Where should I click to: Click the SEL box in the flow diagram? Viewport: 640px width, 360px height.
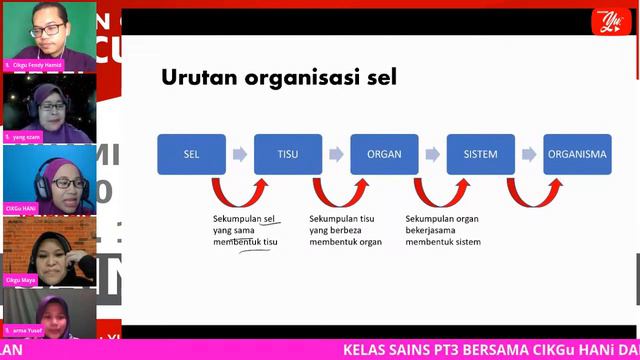(191, 155)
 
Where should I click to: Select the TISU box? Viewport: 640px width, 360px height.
(288, 155)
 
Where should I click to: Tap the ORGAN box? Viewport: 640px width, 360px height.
(384, 155)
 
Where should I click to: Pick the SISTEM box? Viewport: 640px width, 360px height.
(481, 155)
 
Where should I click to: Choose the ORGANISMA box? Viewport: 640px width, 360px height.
(577, 155)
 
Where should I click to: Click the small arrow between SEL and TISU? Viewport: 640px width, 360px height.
(240, 155)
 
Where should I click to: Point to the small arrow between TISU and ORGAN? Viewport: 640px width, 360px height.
(336, 155)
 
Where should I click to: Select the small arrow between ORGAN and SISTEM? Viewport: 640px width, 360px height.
(433, 155)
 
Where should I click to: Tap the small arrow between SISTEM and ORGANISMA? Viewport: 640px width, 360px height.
(529, 155)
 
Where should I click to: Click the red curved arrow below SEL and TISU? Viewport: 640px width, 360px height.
(240, 192)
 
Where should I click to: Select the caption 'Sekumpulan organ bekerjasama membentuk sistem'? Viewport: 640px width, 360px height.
(443, 230)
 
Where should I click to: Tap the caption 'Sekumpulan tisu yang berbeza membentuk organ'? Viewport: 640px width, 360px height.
(345, 230)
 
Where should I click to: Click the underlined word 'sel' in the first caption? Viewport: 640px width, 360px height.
(268, 218)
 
